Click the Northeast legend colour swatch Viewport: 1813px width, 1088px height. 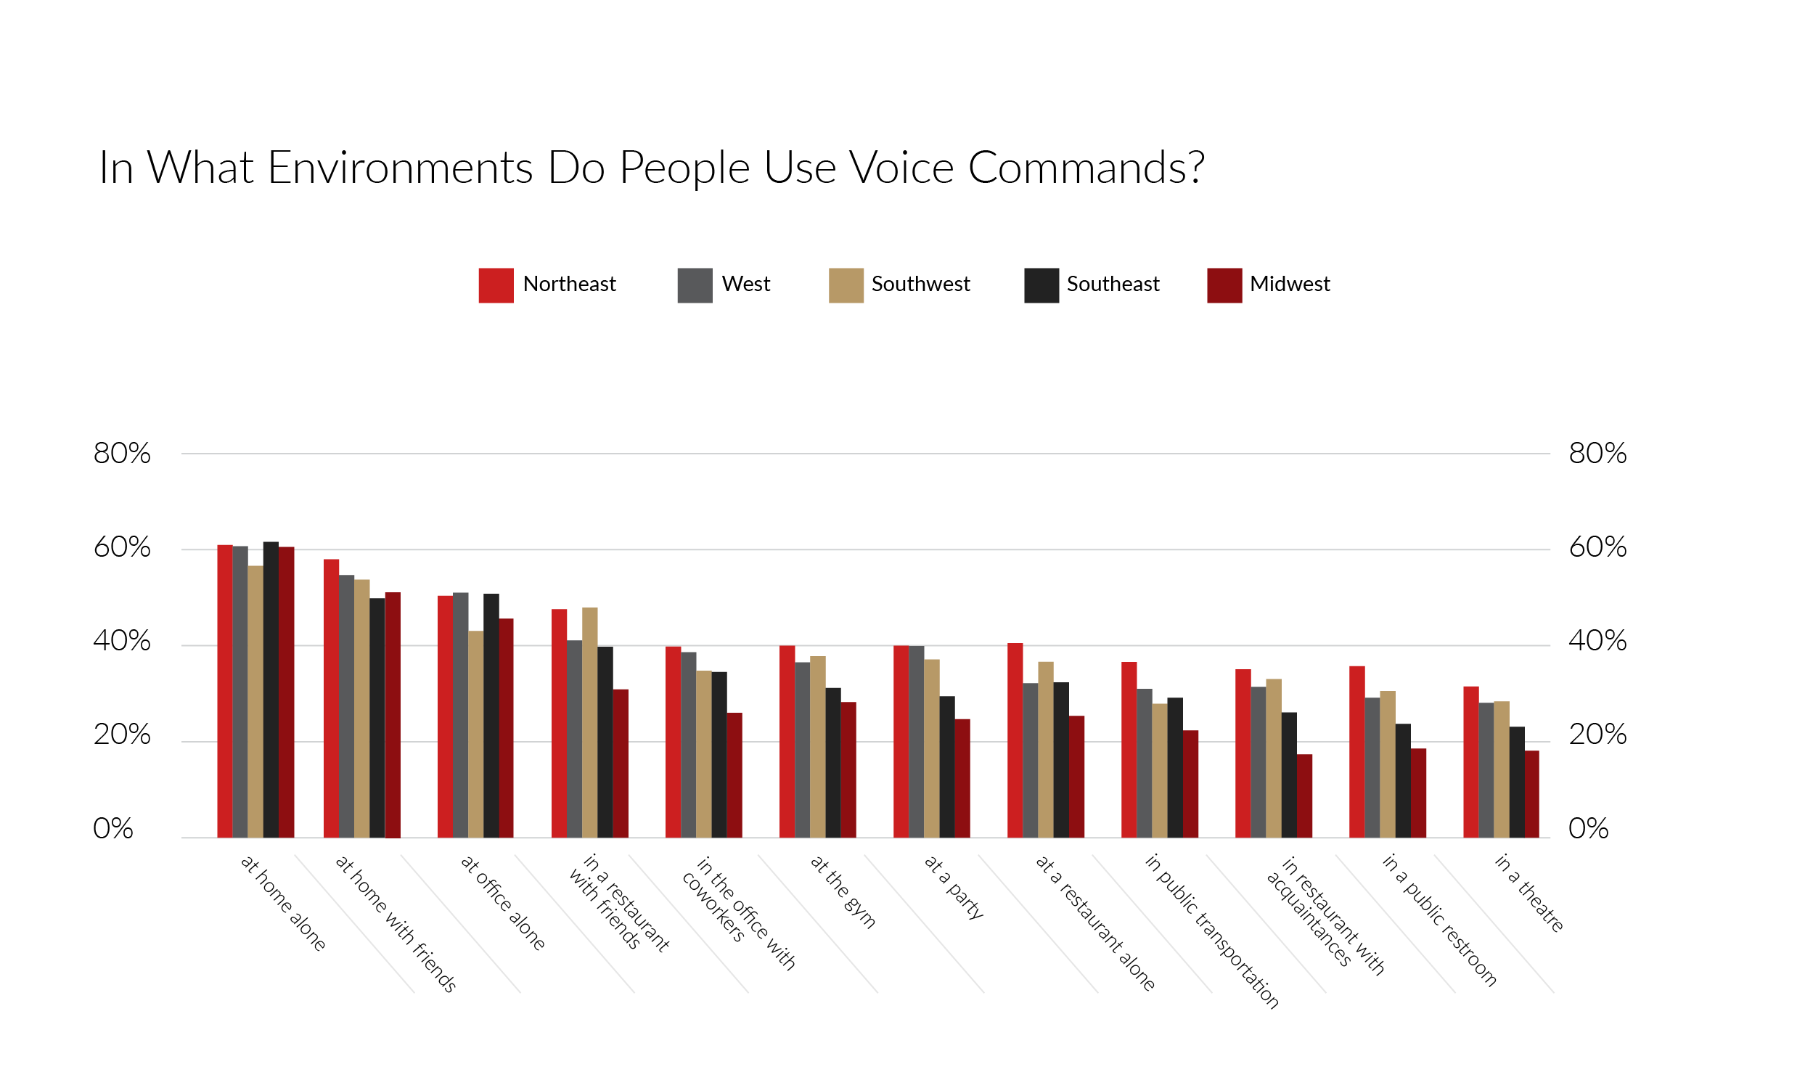496,285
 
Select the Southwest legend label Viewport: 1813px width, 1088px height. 920,284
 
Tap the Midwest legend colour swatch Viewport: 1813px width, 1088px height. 1224,285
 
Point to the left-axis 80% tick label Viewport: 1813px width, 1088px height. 122,454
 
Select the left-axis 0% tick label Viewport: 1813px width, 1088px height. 113,829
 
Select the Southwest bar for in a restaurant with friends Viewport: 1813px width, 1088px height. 589,722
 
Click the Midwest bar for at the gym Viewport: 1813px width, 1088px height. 848,770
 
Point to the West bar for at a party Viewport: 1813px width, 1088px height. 916,741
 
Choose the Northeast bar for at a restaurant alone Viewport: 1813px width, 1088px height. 1015,740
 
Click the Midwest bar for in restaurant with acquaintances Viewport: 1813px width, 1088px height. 1304,795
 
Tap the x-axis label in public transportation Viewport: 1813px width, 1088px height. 1212,931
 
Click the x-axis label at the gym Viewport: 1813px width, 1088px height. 843,891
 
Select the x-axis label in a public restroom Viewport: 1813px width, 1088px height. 1438,920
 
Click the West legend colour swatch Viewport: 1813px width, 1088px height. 695,285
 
